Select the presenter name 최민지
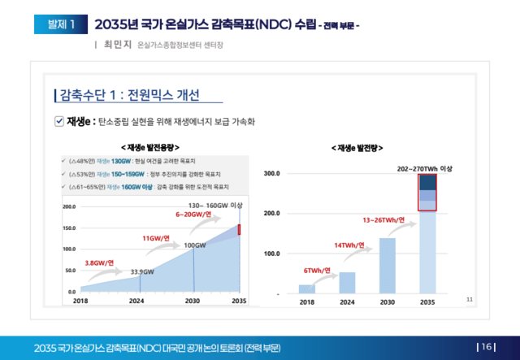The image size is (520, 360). [x=119, y=45]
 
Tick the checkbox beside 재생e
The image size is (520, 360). [x=58, y=121]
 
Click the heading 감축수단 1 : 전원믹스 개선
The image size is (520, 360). [x=129, y=94]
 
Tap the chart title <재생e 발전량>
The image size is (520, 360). [x=357, y=148]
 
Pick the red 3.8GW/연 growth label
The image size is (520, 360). [x=100, y=262]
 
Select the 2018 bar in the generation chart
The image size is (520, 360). [x=306, y=288]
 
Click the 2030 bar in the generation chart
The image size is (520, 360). [x=387, y=265]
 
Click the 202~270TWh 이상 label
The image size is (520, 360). [x=425, y=168]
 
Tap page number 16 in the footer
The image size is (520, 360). [x=487, y=347]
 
